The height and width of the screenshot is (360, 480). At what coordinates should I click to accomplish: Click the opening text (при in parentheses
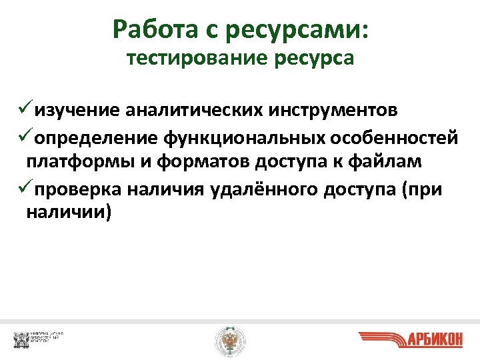click(x=421, y=189)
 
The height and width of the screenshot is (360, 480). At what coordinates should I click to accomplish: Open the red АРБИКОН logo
click(x=410, y=339)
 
